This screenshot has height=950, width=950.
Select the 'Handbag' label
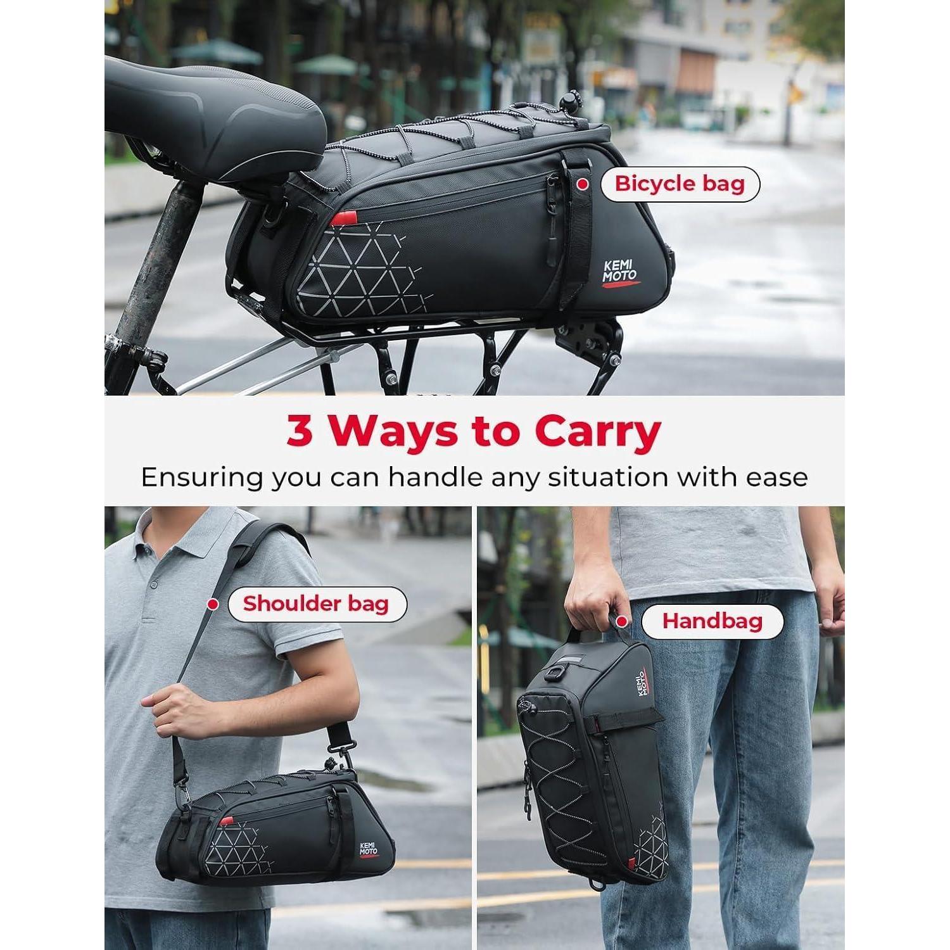pos(712,621)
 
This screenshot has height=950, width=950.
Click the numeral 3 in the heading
pos(300,431)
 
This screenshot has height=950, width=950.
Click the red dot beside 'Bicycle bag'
pos(581,184)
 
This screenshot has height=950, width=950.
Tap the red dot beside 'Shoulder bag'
pos(213,604)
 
